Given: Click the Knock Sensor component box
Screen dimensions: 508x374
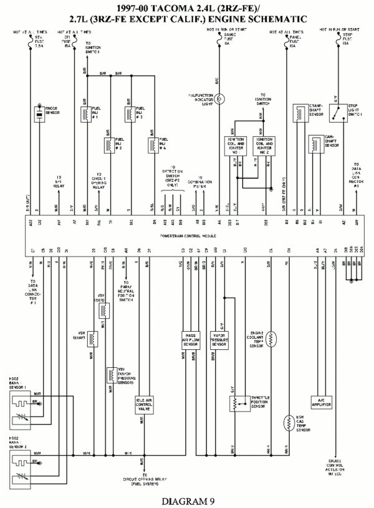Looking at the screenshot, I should click(x=39, y=115).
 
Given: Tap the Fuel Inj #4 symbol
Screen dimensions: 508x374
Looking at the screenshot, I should click(x=151, y=145).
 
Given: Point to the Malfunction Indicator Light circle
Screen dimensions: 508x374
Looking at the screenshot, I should click(x=220, y=98).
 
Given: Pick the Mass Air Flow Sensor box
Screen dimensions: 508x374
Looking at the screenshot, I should click(x=190, y=339).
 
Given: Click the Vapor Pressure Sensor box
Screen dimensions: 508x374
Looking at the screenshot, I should click(x=219, y=339).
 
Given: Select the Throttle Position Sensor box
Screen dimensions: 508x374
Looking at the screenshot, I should click(x=235, y=403).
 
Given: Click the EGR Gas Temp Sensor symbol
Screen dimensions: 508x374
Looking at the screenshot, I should click(x=288, y=423).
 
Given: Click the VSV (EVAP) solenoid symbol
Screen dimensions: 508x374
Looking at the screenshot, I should click(x=93, y=338).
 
